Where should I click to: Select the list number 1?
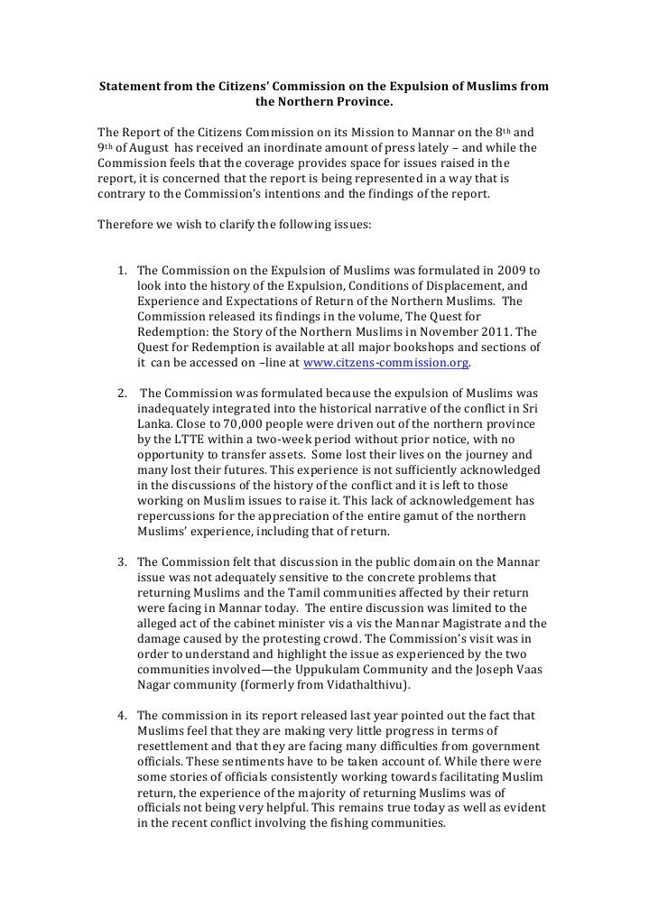click(122, 270)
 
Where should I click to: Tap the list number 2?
click(122, 394)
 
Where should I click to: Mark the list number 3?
click(122, 562)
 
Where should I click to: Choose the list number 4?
click(122, 716)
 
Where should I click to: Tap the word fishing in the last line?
click(342, 823)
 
